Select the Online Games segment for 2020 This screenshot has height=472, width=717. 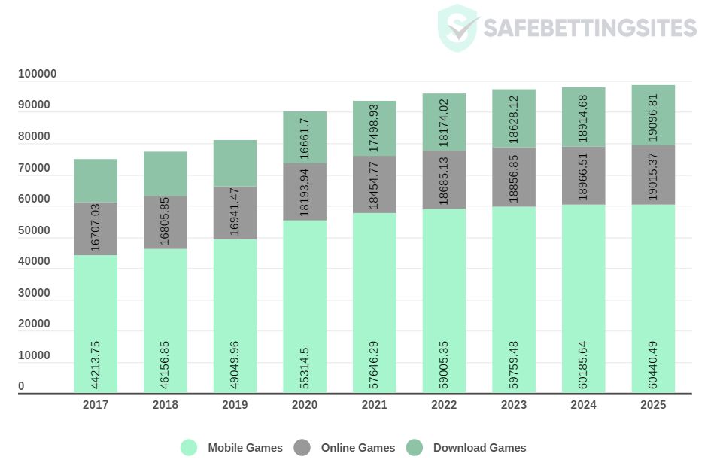pos(305,191)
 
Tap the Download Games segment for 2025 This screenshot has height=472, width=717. pos(653,114)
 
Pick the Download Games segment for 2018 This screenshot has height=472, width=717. pos(166,174)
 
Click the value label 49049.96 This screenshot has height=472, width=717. pos(235,365)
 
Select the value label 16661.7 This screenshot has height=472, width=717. pos(305,137)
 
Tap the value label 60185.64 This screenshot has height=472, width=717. pos(584,365)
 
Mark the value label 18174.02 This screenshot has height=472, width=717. pos(444,120)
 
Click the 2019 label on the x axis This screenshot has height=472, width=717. pos(235,405)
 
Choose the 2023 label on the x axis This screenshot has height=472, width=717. pos(514,405)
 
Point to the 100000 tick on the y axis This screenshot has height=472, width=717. pos(38,74)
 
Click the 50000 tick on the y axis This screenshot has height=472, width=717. pos(35,230)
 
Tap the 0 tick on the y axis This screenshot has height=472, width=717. pos(21,386)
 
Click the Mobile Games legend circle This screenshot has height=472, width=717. pos(189,448)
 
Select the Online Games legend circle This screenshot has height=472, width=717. pos(302,448)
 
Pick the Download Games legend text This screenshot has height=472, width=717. pos(479,448)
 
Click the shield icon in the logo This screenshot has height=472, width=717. pos(457,28)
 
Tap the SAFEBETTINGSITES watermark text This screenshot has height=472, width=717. pos(589,29)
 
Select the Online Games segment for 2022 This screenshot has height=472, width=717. pos(444,179)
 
